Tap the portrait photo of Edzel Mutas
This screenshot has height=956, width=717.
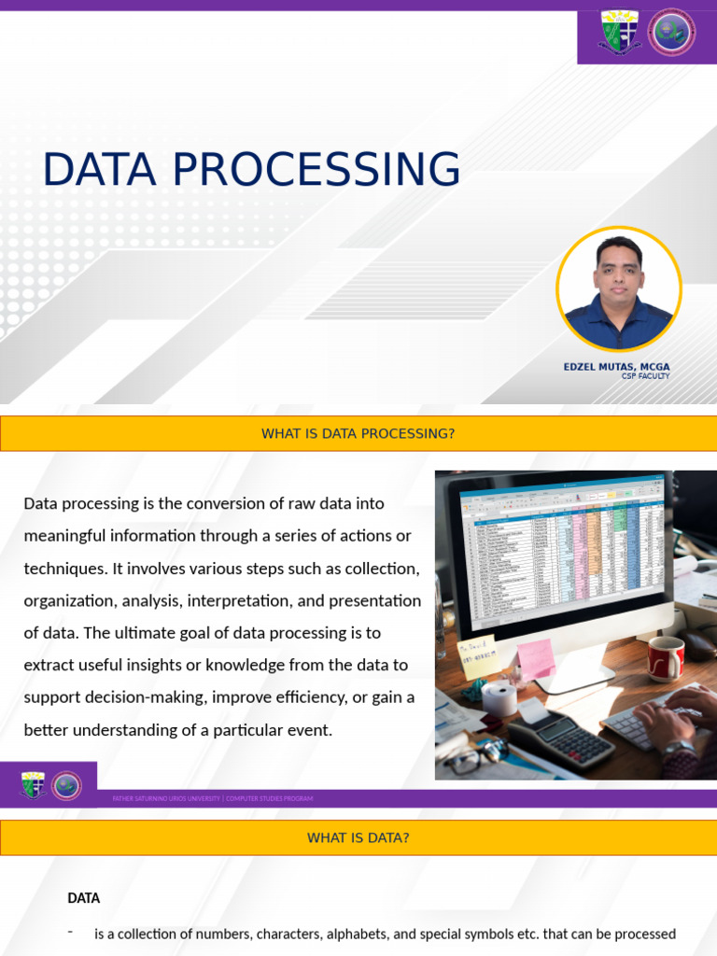pyautogui.click(x=618, y=288)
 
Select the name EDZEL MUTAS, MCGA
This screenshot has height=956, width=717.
pyautogui.click(x=616, y=367)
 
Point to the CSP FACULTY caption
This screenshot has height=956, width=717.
pyautogui.click(x=645, y=376)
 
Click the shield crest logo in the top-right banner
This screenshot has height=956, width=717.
pyautogui.click(x=618, y=32)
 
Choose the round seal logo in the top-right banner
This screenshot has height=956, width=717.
pyautogui.click(x=672, y=32)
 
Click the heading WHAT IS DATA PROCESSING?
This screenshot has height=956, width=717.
pyautogui.click(x=358, y=433)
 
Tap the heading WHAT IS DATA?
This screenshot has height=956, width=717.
pyautogui.click(x=358, y=837)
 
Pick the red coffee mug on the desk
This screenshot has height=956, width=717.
pyautogui.click(x=666, y=657)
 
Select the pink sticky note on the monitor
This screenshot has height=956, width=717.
pyautogui.click(x=536, y=659)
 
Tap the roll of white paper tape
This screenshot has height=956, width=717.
pyautogui.click(x=499, y=698)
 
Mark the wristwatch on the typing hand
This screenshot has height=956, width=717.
pyautogui.click(x=680, y=750)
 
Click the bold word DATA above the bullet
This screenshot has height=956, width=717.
pyautogui.click(x=83, y=898)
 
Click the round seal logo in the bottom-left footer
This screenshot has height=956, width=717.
pyautogui.click(x=66, y=785)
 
